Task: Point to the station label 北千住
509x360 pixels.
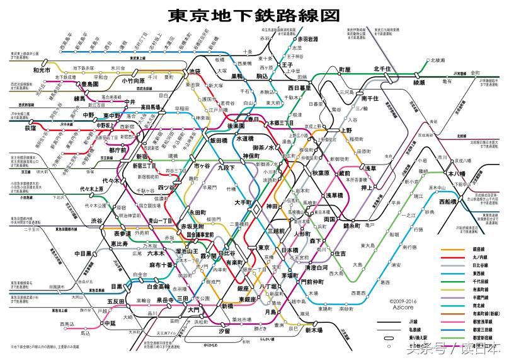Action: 382,69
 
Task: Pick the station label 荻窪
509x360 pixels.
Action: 30,128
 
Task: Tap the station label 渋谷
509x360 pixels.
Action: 96,221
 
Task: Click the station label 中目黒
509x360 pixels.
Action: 84,253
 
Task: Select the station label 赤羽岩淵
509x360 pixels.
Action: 304,39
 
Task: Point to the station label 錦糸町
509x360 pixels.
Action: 351,225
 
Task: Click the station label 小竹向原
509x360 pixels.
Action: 133,81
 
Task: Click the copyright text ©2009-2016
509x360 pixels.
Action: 404,301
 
